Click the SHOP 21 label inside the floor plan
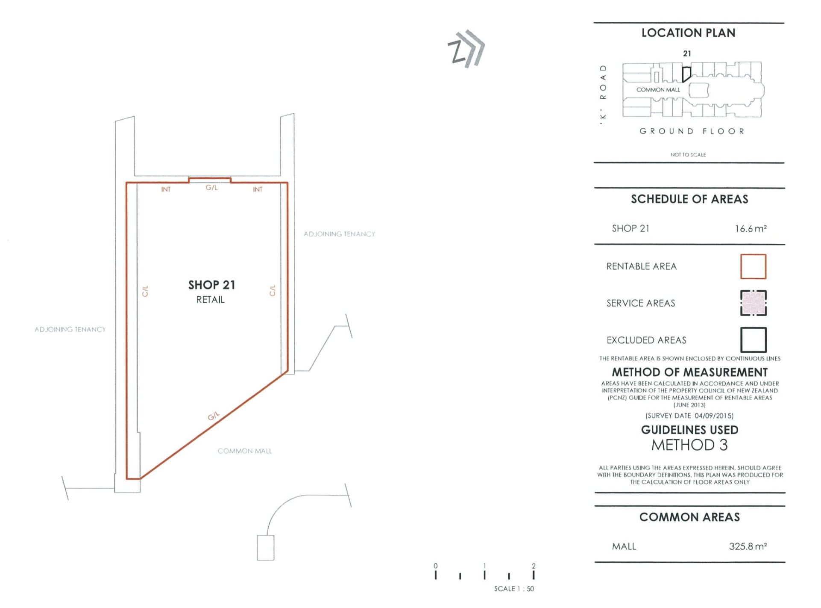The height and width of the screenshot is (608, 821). click(x=211, y=285)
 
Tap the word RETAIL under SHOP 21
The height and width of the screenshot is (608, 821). click(x=210, y=300)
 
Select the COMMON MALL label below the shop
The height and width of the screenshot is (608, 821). click(x=244, y=451)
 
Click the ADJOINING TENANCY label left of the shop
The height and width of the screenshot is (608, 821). click(x=70, y=329)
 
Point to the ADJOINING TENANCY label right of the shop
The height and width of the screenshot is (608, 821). click(x=339, y=234)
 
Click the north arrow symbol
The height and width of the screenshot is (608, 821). click(x=466, y=49)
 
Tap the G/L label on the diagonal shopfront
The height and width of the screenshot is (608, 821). click(x=214, y=416)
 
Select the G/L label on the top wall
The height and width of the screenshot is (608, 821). click(x=211, y=188)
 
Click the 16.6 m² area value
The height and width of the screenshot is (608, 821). click(x=751, y=229)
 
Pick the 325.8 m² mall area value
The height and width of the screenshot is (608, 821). click(x=748, y=546)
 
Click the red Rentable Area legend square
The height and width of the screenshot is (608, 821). click(x=753, y=266)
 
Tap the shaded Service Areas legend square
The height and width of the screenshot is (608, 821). click(x=753, y=303)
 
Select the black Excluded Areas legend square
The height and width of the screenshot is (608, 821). click(x=753, y=340)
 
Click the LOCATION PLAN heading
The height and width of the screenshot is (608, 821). click(x=688, y=33)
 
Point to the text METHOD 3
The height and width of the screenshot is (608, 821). click(x=689, y=445)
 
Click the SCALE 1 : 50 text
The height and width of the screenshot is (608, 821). click(x=514, y=589)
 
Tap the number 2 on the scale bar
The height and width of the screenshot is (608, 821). click(x=534, y=566)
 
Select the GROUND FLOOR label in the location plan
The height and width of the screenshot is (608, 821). click(x=692, y=131)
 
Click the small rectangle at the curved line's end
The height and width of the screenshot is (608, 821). click(x=265, y=548)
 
